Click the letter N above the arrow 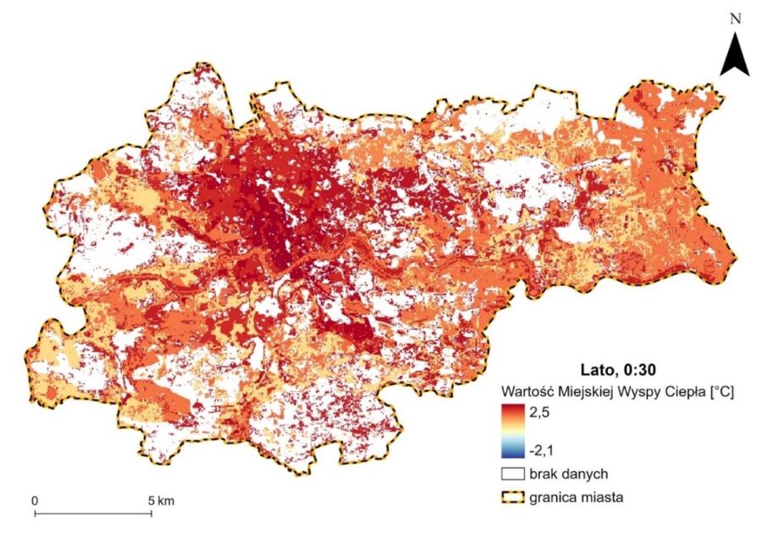[736, 18]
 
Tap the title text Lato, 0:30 [616, 370]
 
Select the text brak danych [566, 475]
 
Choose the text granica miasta [576, 498]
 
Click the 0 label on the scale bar [35, 501]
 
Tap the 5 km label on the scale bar [161, 501]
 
